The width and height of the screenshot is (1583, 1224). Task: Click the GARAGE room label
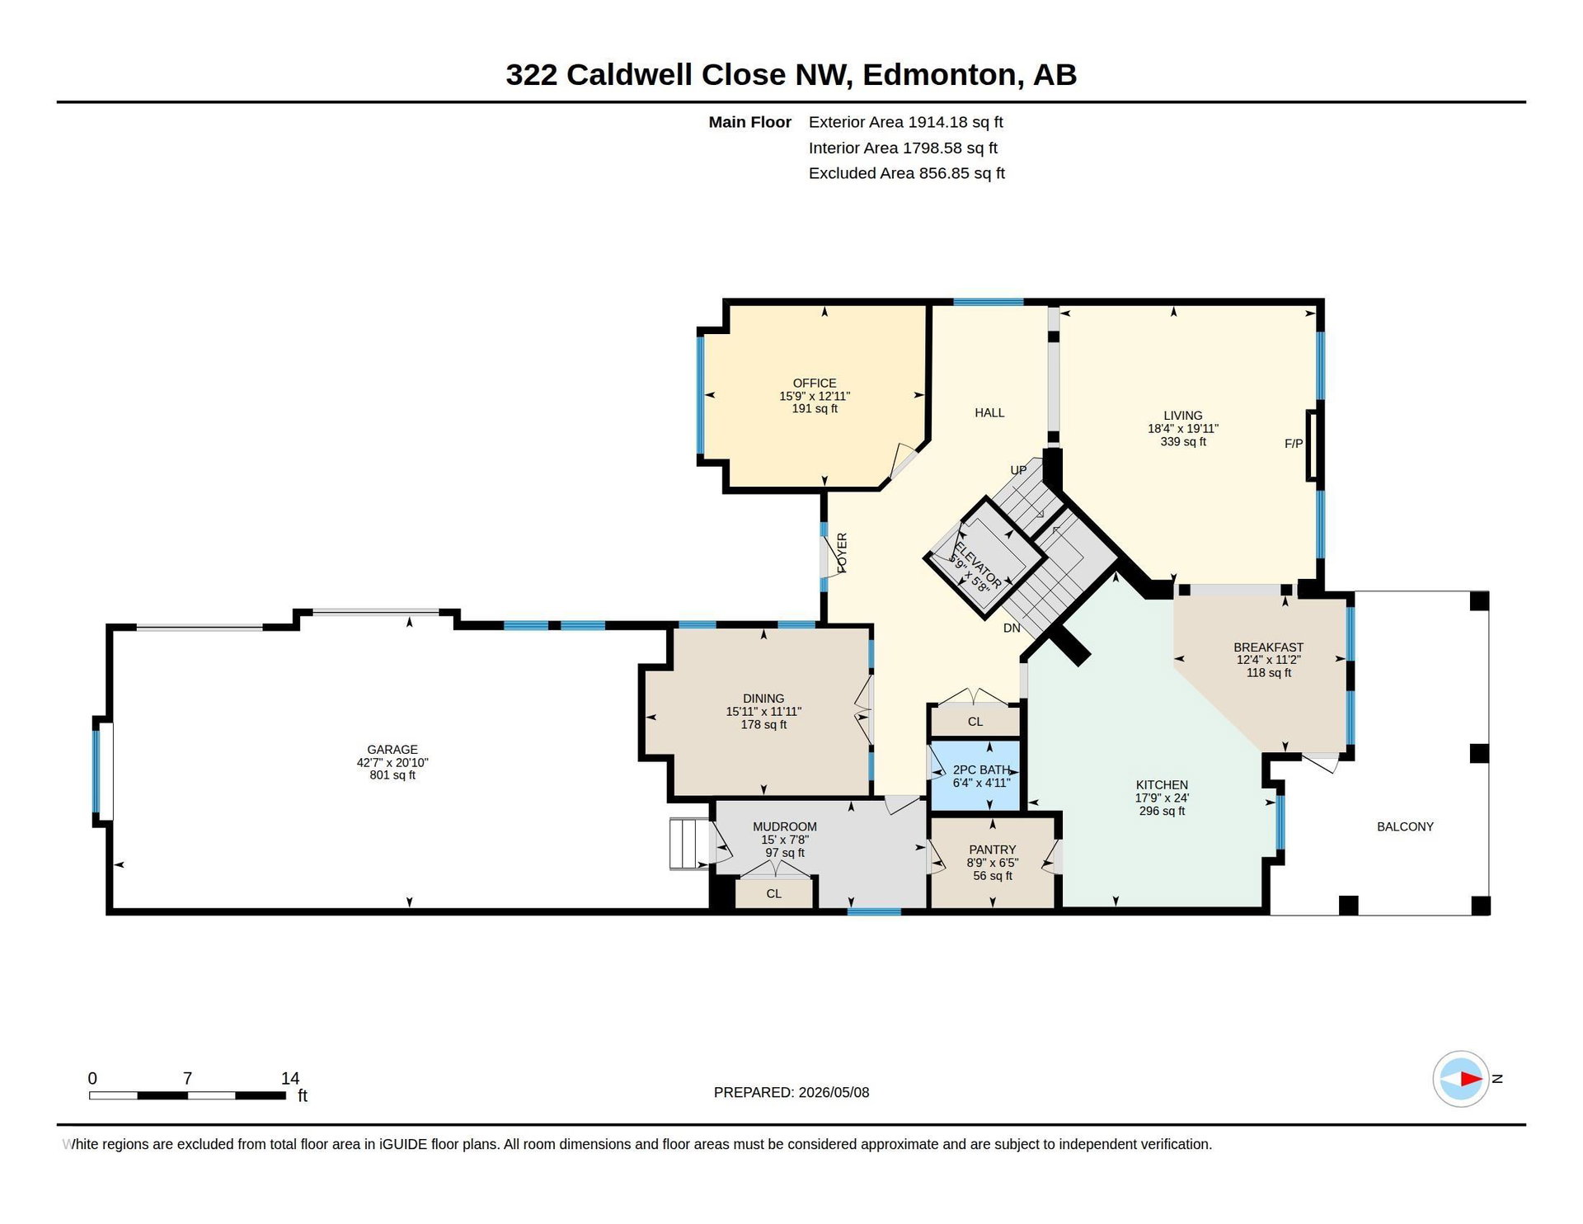[x=392, y=750]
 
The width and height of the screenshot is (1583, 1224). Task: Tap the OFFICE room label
[x=815, y=384]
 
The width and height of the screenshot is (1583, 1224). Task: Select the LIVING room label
[x=1183, y=416]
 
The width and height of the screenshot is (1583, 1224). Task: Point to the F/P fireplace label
[x=1294, y=444]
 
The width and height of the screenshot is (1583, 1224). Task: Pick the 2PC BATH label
[x=981, y=770]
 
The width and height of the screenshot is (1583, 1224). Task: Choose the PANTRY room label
[x=993, y=850]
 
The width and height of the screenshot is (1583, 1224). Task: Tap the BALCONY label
[x=1406, y=826]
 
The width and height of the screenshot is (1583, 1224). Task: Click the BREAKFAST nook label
[x=1269, y=647]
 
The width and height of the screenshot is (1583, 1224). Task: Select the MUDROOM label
[x=785, y=826]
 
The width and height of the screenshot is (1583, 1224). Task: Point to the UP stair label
[x=1019, y=470]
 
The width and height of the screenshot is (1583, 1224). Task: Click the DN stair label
[x=1012, y=628]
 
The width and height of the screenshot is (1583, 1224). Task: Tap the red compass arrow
[x=1471, y=1079]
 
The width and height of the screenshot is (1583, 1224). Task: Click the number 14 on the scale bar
[x=290, y=1078]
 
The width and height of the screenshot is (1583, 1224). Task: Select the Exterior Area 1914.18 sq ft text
[x=906, y=122]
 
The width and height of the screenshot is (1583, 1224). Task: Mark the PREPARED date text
[x=791, y=1092]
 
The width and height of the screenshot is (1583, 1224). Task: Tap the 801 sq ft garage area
[x=392, y=775]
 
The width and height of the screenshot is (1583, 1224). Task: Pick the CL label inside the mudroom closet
[x=773, y=893]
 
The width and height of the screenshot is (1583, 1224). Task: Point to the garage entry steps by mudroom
[x=690, y=843]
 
